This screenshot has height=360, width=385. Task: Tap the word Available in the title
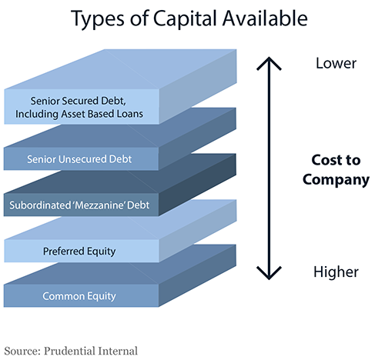[x=265, y=18]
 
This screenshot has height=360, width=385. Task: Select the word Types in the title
[x=98, y=19]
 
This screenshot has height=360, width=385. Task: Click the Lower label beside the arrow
[x=336, y=63]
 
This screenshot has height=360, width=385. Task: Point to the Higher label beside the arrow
[x=336, y=272]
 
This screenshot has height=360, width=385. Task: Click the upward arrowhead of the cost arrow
[x=269, y=63]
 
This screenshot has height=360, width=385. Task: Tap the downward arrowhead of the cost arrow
[x=269, y=273]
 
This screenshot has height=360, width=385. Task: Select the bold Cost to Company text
[x=336, y=170]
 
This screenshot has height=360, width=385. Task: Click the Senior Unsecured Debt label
[x=79, y=159]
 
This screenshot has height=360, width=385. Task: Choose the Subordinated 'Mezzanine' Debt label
[x=79, y=205]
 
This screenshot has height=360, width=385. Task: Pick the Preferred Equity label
[x=79, y=252]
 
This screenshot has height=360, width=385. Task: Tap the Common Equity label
[x=79, y=296]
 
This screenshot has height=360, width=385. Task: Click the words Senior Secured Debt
[x=79, y=101]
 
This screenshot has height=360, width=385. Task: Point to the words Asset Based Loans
[x=102, y=114]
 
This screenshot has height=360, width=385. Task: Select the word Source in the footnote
[x=22, y=351]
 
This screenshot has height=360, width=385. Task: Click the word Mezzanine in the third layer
[x=99, y=205]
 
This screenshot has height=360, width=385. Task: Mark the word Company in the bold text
[x=336, y=180]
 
